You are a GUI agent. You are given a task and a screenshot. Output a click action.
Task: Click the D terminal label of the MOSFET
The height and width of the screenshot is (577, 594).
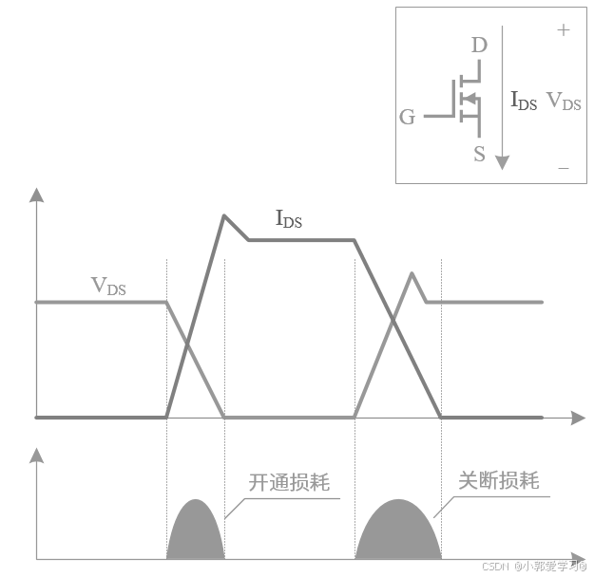point(479,45)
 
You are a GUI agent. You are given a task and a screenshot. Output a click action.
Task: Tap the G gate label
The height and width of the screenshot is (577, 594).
point(407,117)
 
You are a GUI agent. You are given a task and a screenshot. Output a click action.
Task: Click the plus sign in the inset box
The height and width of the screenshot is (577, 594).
point(564,30)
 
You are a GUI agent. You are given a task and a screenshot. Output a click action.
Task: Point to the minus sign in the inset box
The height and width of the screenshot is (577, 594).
point(564,168)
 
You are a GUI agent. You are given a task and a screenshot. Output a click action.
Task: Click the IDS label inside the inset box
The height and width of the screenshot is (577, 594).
point(524,101)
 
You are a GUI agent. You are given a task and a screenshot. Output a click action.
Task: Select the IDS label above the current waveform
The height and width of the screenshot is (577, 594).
point(289,219)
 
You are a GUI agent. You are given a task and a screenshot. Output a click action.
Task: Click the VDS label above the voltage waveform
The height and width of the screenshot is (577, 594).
point(108,285)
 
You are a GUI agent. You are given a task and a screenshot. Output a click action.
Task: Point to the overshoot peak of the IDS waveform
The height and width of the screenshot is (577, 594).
point(224,215)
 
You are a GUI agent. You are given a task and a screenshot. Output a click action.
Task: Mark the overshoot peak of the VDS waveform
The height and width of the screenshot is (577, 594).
point(412,273)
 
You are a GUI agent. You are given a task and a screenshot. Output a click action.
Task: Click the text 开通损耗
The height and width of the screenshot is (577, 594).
point(289,482)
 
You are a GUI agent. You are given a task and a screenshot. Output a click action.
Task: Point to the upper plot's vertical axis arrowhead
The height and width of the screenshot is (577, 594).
point(36,196)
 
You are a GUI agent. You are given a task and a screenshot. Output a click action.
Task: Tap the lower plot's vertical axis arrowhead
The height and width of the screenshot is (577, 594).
point(36,454)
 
